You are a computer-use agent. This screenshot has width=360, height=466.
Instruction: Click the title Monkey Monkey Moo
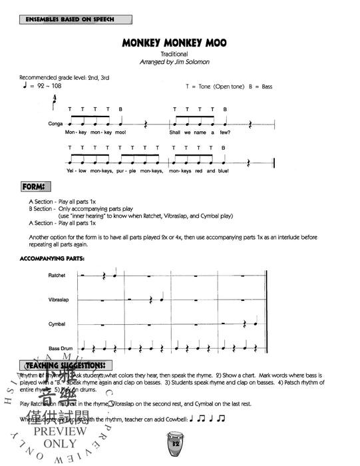pyautogui.click(x=174, y=43)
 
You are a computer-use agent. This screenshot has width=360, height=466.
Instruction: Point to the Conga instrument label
pyautogui.click(x=55, y=124)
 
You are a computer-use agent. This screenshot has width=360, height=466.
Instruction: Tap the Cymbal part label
pyautogui.click(x=57, y=324)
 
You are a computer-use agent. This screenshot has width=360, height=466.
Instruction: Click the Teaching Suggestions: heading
pyautogui.click(x=65, y=365)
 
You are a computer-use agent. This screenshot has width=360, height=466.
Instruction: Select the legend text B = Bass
pyautogui.click(x=259, y=87)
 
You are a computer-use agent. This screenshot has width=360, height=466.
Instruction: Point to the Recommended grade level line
pyautogui.click(x=65, y=78)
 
